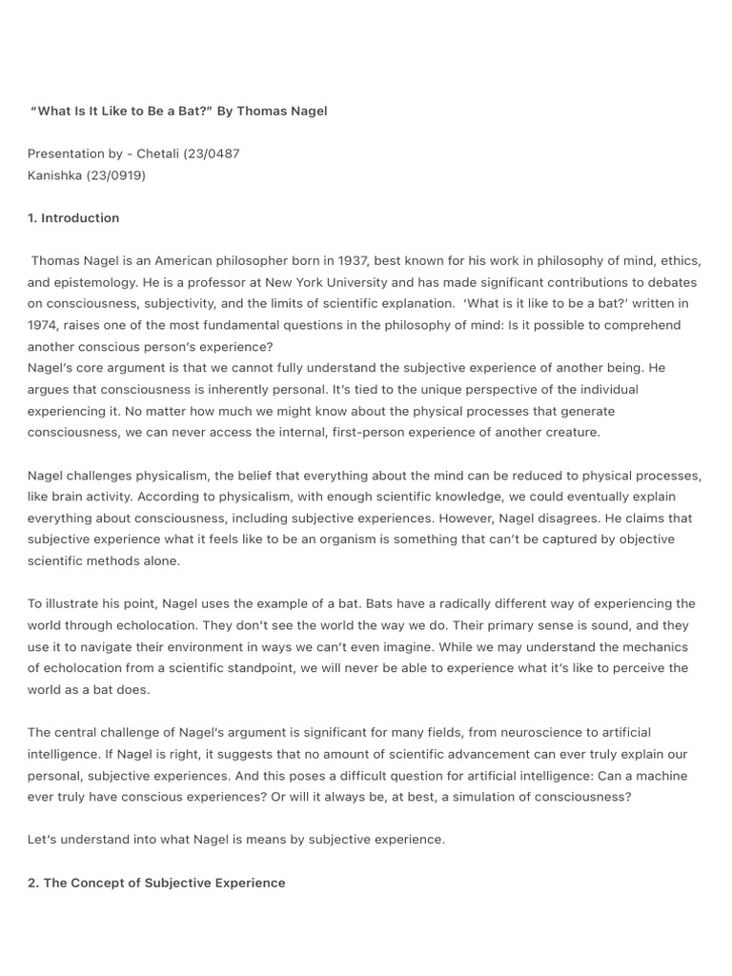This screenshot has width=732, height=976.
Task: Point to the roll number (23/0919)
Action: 117,175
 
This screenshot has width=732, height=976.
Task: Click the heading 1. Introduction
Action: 73,218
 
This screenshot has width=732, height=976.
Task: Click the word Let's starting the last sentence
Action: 44,840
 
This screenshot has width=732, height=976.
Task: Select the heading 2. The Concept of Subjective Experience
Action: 156,883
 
